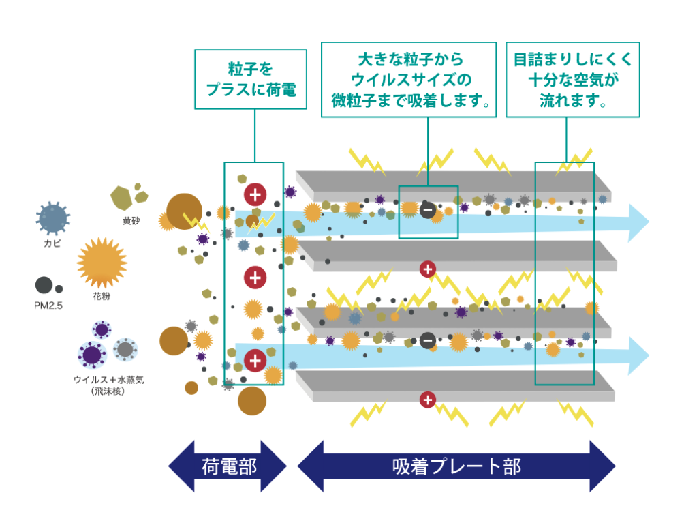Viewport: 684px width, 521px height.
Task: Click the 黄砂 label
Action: point(131,221)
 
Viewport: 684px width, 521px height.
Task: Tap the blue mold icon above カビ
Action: point(52,219)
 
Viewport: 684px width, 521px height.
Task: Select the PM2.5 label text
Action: point(48,306)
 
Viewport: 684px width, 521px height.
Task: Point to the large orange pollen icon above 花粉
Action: point(102,263)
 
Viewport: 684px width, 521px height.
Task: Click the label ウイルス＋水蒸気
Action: point(108,380)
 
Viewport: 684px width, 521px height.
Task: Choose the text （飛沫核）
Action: point(108,391)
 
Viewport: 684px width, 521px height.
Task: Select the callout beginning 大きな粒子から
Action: point(409,79)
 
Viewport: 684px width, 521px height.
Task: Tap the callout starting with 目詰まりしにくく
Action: point(572,79)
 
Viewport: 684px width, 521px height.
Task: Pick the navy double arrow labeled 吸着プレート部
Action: point(456,466)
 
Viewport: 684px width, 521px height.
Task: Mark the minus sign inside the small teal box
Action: point(428,210)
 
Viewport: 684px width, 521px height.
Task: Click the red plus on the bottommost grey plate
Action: point(427,400)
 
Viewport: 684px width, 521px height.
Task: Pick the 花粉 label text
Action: point(102,297)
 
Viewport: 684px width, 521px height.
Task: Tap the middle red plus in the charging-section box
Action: point(255,278)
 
